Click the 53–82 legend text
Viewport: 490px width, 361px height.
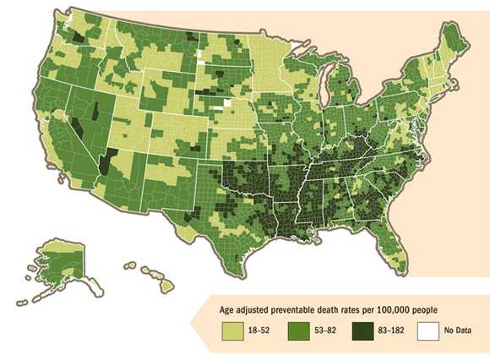(325, 332)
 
